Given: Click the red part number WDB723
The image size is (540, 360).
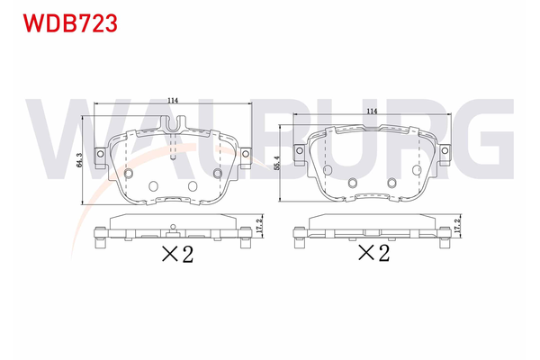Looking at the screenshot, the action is click(70, 23).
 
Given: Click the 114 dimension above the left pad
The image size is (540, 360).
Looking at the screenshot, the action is click(173, 101).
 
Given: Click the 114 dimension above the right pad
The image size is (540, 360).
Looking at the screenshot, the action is click(372, 111).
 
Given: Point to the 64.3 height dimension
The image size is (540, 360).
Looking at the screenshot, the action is click(80, 160).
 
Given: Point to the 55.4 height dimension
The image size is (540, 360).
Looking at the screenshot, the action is click(276, 163).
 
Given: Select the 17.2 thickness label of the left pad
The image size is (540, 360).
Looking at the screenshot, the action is click(259, 225).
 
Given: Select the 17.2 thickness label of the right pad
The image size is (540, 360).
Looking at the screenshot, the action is click(457, 225).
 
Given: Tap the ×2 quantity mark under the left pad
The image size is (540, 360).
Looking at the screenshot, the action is click(177, 254).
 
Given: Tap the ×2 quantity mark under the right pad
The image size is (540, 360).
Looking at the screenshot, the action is click(373, 253).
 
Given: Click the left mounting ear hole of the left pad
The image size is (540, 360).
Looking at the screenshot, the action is click(101, 153).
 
